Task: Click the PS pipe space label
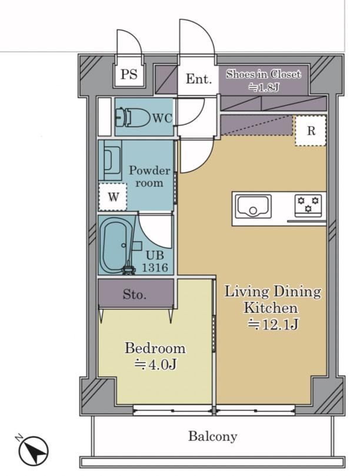(x=129, y=74)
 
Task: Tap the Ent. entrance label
(x=198, y=79)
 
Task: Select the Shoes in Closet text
(x=264, y=74)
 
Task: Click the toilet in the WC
(x=134, y=117)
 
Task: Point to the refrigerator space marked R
(x=311, y=131)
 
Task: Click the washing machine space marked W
(x=113, y=197)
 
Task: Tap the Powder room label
(x=149, y=177)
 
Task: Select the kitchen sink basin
(x=254, y=205)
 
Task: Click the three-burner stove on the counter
(x=308, y=205)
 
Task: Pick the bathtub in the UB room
(x=115, y=245)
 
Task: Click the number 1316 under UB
(x=155, y=268)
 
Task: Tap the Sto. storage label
(x=135, y=294)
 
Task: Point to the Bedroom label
(x=155, y=348)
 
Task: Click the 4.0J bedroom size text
(x=155, y=365)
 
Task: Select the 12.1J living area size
(x=273, y=325)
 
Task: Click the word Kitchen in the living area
(x=271, y=308)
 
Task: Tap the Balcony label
(x=212, y=437)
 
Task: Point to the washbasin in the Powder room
(x=109, y=160)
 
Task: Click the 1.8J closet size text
(x=264, y=88)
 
